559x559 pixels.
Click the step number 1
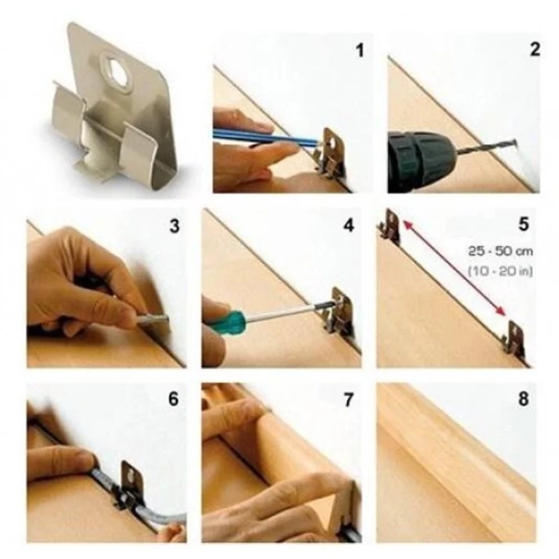tap(360, 50)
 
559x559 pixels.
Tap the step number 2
tap(535, 49)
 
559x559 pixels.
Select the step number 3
tap(175, 226)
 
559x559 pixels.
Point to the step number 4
tap(349, 226)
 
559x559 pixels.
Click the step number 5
tap(523, 224)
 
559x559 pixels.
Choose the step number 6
tap(174, 399)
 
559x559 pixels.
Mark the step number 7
tap(348, 400)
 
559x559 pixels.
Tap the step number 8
tap(523, 399)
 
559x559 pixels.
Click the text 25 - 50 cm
tap(501, 251)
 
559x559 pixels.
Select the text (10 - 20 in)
tap(500, 271)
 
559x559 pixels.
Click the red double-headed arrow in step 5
tap(454, 268)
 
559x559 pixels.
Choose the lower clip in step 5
tap(514, 338)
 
